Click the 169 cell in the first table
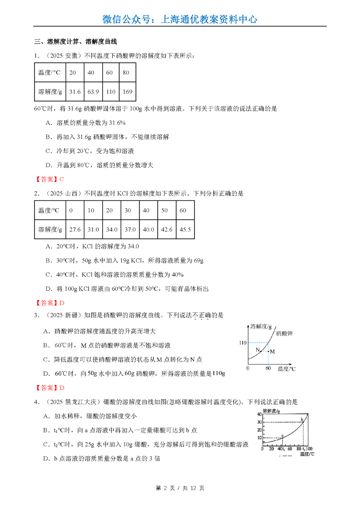coord(127,92)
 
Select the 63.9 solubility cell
coord(93,92)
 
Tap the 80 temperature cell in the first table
coord(126,73)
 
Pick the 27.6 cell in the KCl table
coord(75,230)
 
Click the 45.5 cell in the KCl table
coord(185,230)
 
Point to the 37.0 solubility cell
coord(130,230)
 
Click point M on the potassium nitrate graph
coord(269,351)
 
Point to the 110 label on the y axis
coord(243,343)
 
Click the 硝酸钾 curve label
coord(284,333)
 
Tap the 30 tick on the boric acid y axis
coord(259,422)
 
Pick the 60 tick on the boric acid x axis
coord(290,449)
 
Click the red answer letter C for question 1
coord(62,179)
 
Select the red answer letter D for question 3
coord(62,388)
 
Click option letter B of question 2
coord(48,261)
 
